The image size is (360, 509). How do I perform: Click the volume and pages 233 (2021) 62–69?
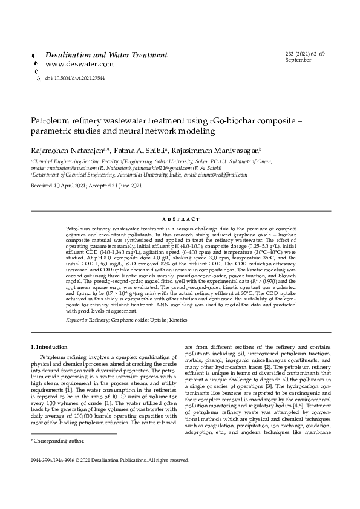(305, 54)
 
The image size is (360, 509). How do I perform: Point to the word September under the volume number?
(298, 60)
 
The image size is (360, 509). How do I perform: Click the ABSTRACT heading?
(181, 219)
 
